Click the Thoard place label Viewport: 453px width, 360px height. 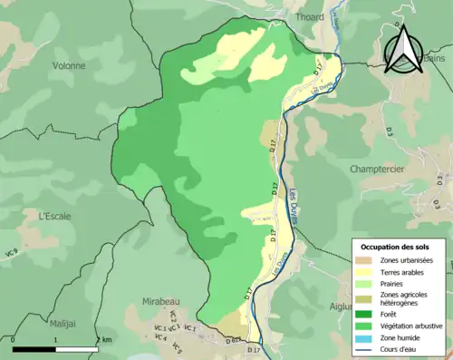[x=309, y=16]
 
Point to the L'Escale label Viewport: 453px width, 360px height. [x=54, y=216]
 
